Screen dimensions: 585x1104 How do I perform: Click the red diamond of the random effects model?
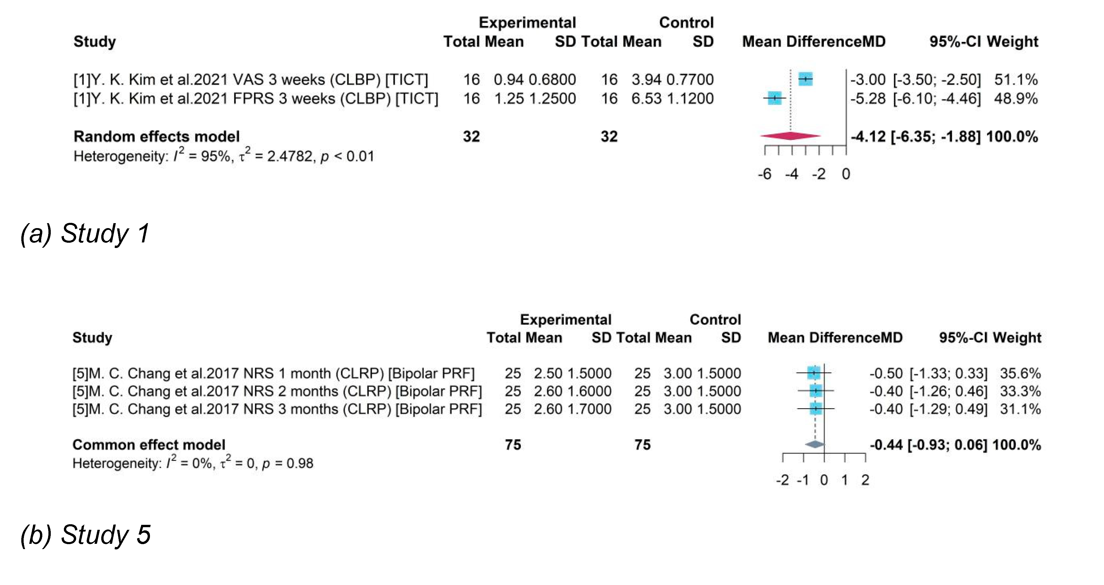tap(790, 136)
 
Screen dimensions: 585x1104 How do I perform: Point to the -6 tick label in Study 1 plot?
tap(765, 174)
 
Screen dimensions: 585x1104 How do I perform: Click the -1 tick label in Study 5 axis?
tap(803, 480)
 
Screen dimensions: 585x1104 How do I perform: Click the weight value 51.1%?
tap(1016, 79)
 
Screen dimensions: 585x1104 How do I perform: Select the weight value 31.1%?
tap(1020, 409)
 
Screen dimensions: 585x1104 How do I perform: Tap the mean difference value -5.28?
tap(868, 99)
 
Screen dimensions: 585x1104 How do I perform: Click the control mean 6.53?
tap(645, 99)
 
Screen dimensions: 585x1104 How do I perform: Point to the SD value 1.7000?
tap(589, 409)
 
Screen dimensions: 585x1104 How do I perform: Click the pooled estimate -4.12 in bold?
tap(868, 136)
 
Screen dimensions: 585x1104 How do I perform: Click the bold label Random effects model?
tap(156, 136)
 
